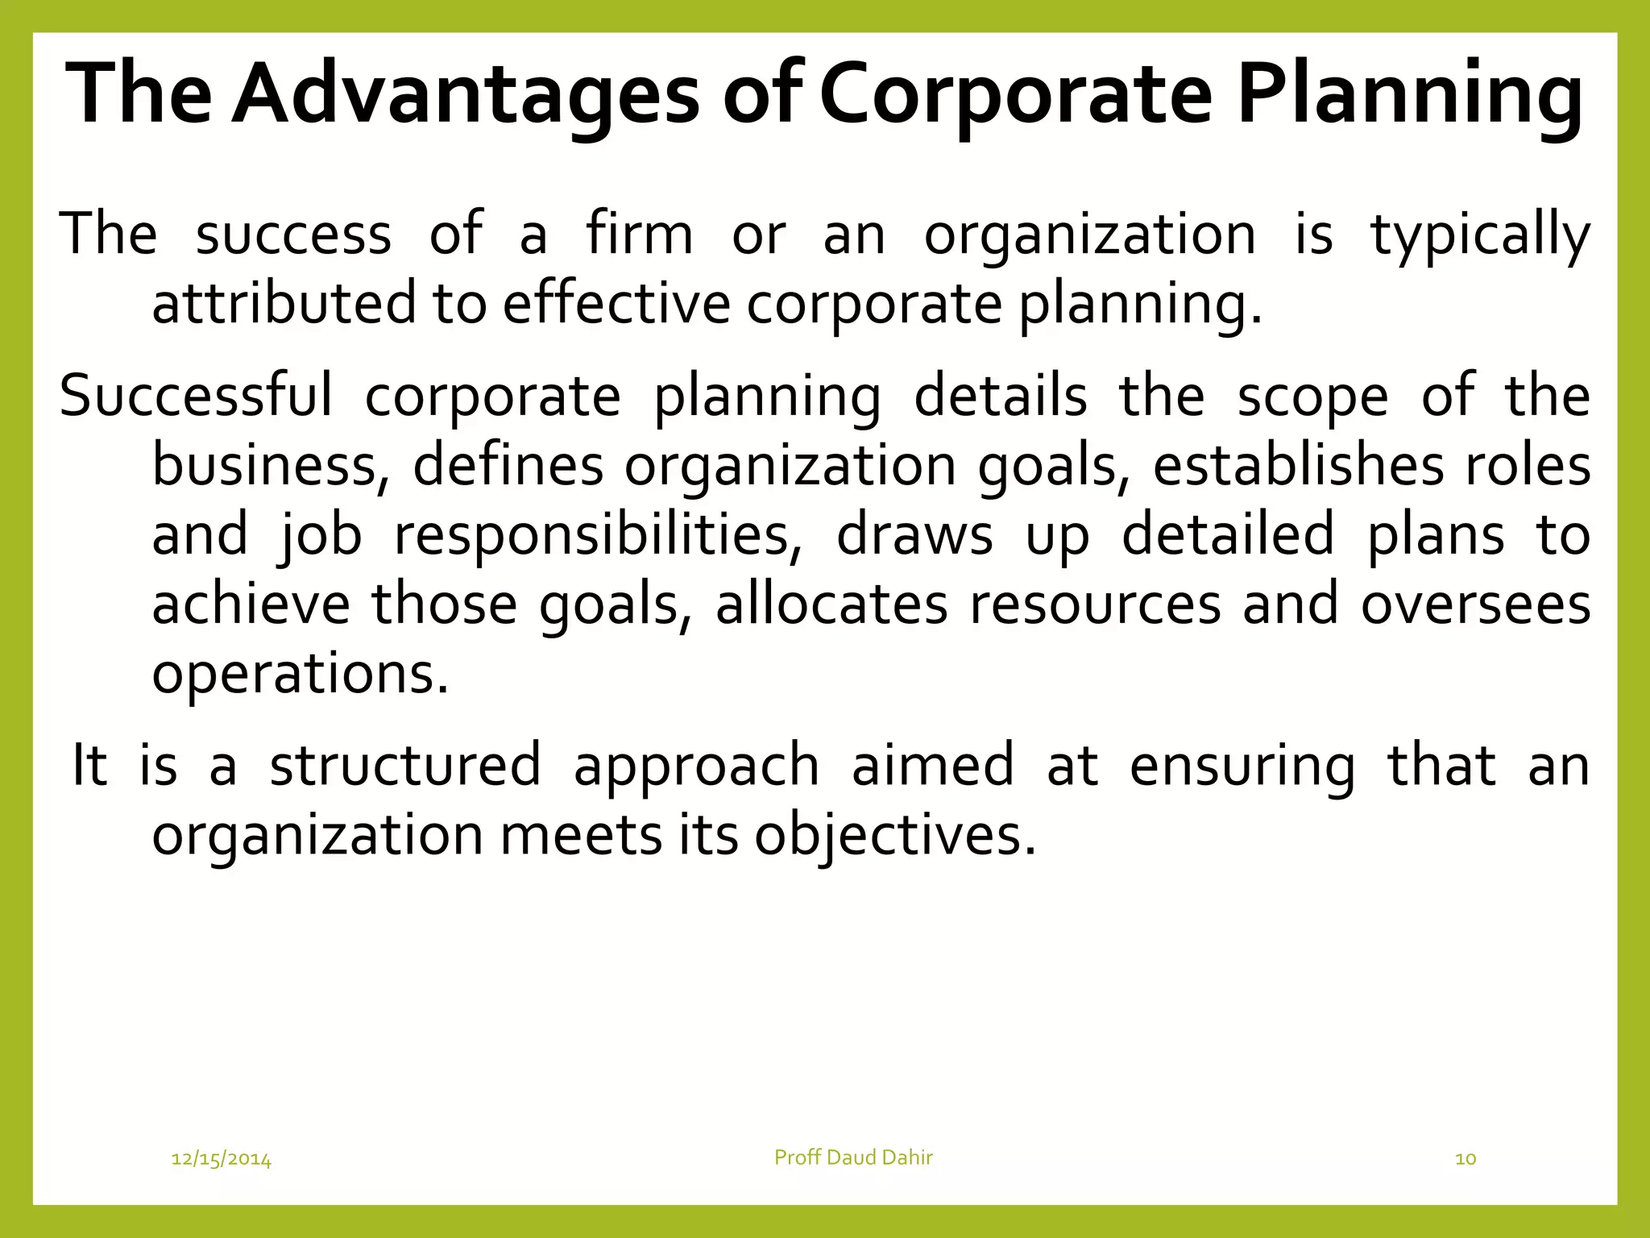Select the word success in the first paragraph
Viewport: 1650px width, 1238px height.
click(293, 235)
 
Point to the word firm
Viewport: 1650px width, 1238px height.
click(639, 235)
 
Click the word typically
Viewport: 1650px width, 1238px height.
click(1481, 235)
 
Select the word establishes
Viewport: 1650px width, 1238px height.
click(1298, 466)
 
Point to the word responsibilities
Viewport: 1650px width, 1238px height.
click(598, 535)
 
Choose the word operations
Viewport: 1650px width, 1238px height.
click(300, 674)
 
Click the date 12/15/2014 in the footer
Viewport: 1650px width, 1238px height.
click(222, 1159)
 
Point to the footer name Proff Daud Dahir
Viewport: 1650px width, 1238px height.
click(853, 1157)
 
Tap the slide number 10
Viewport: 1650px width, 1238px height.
click(1466, 1159)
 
